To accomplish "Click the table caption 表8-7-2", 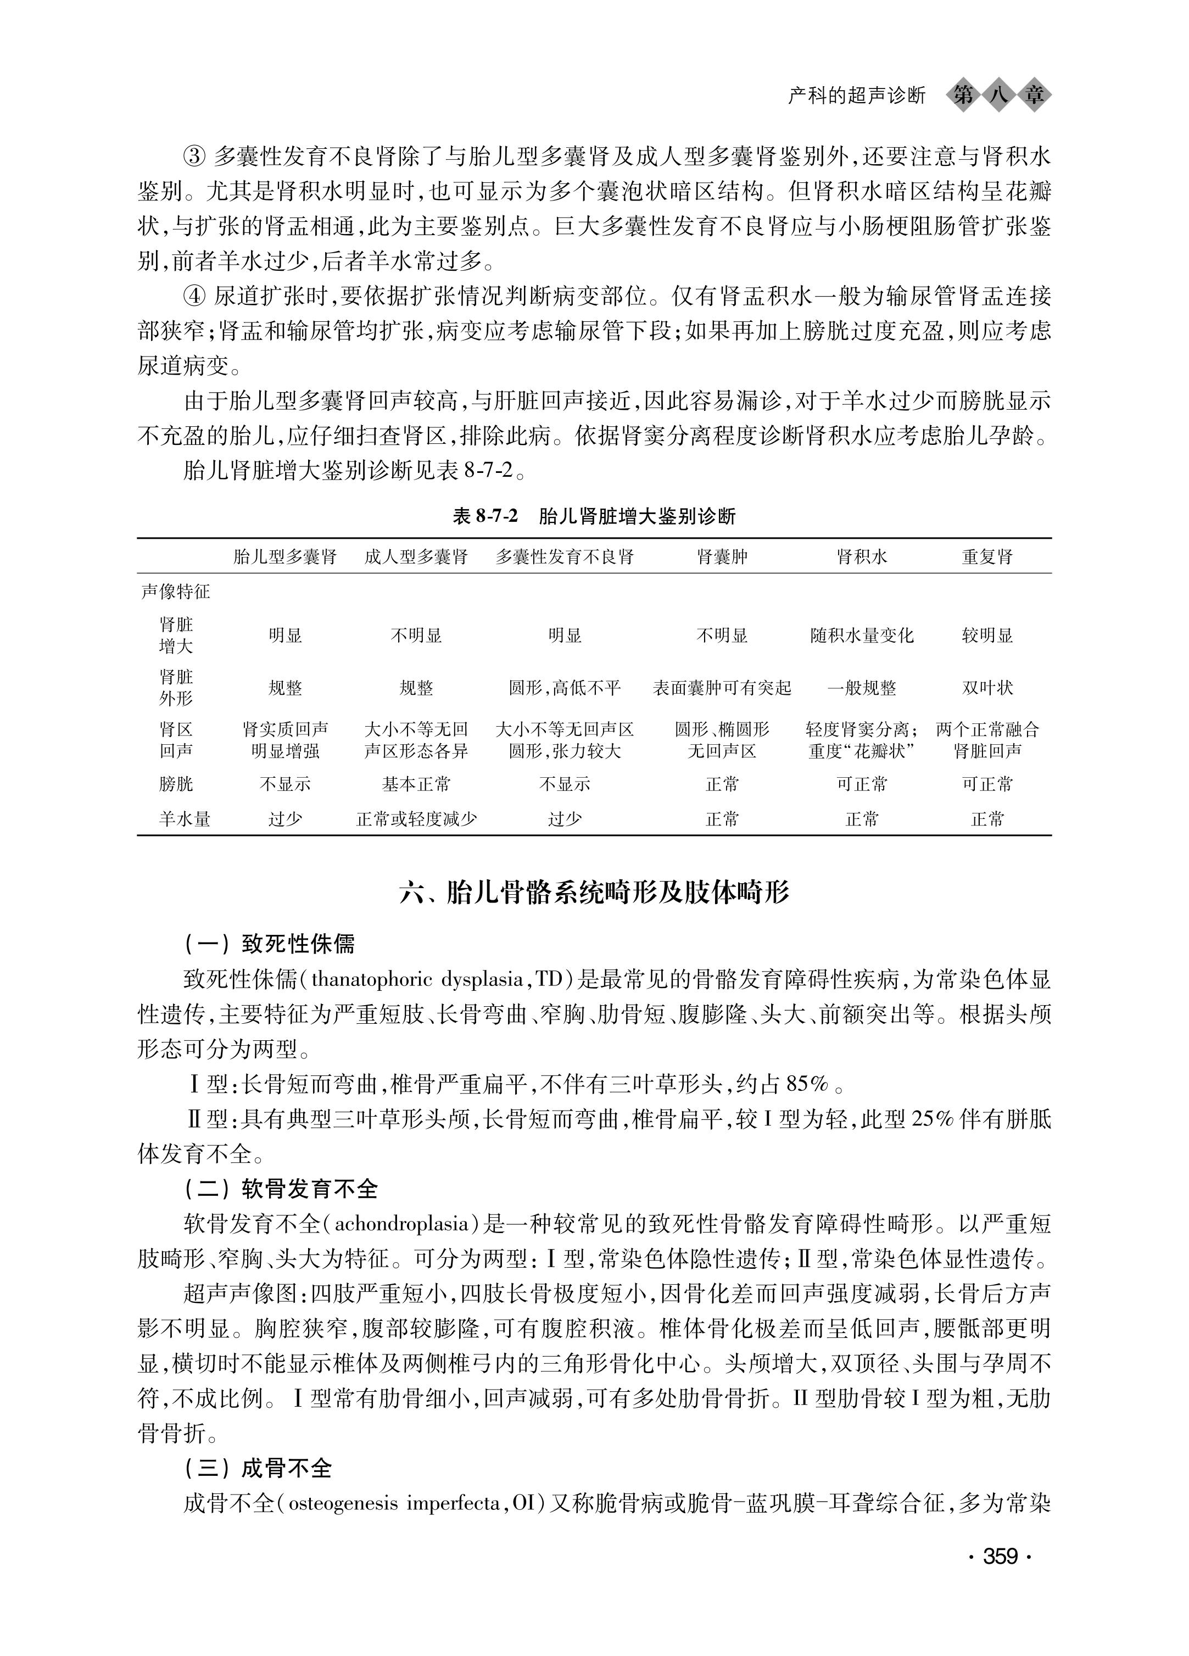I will click(484, 517).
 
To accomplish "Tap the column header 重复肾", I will click(987, 557).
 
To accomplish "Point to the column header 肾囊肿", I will click(722, 557).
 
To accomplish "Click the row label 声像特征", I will click(175, 592).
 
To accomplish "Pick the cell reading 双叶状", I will click(987, 688).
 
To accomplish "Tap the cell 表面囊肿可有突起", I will click(722, 688).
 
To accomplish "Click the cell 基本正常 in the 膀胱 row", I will click(416, 784).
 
